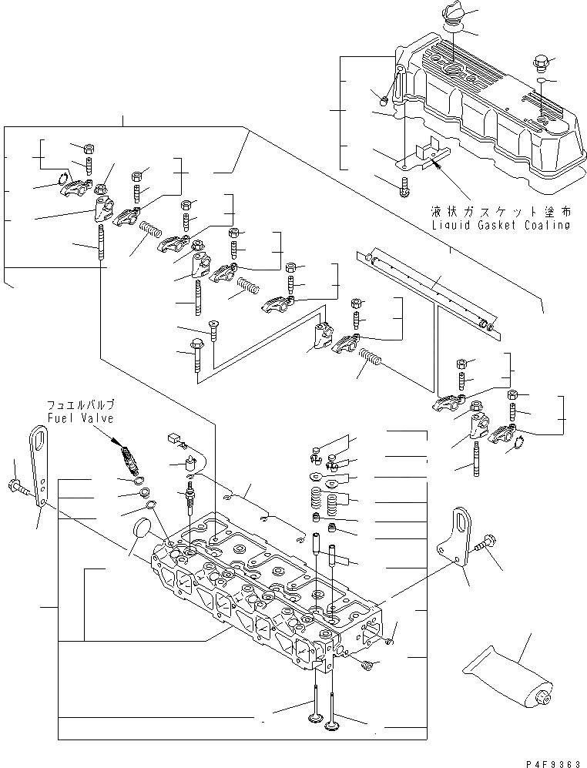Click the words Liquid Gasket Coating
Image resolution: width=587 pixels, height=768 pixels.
tap(501, 225)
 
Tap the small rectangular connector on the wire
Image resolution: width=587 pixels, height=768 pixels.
tap(173, 441)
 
